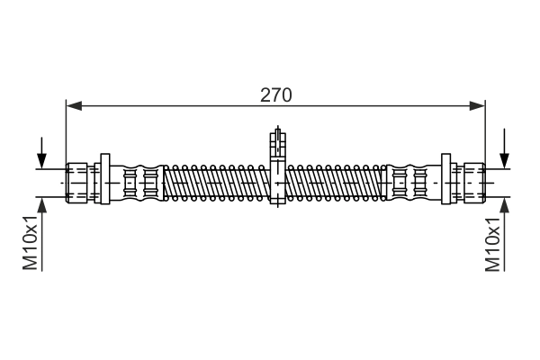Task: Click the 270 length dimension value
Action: tap(275, 95)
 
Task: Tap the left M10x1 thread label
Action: tap(30, 243)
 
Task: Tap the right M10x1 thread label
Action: tap(492, 244)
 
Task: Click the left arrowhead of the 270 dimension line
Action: tap(74, 106)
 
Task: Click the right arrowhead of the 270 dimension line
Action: tap(477, 106)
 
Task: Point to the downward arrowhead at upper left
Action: tap(42, 160)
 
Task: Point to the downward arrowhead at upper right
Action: tap(505, 160)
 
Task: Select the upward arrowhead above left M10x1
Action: tap(42, 206)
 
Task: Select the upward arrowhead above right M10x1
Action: tap(505, 206)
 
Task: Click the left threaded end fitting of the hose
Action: tap(76, 183)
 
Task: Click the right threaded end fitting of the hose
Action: tap(474, 183)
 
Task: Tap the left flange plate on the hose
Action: tap(105, 179)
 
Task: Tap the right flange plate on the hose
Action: tap(446, 179)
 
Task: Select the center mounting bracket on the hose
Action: tap(277, 169)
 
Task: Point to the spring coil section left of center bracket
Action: tap(217, 183)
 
